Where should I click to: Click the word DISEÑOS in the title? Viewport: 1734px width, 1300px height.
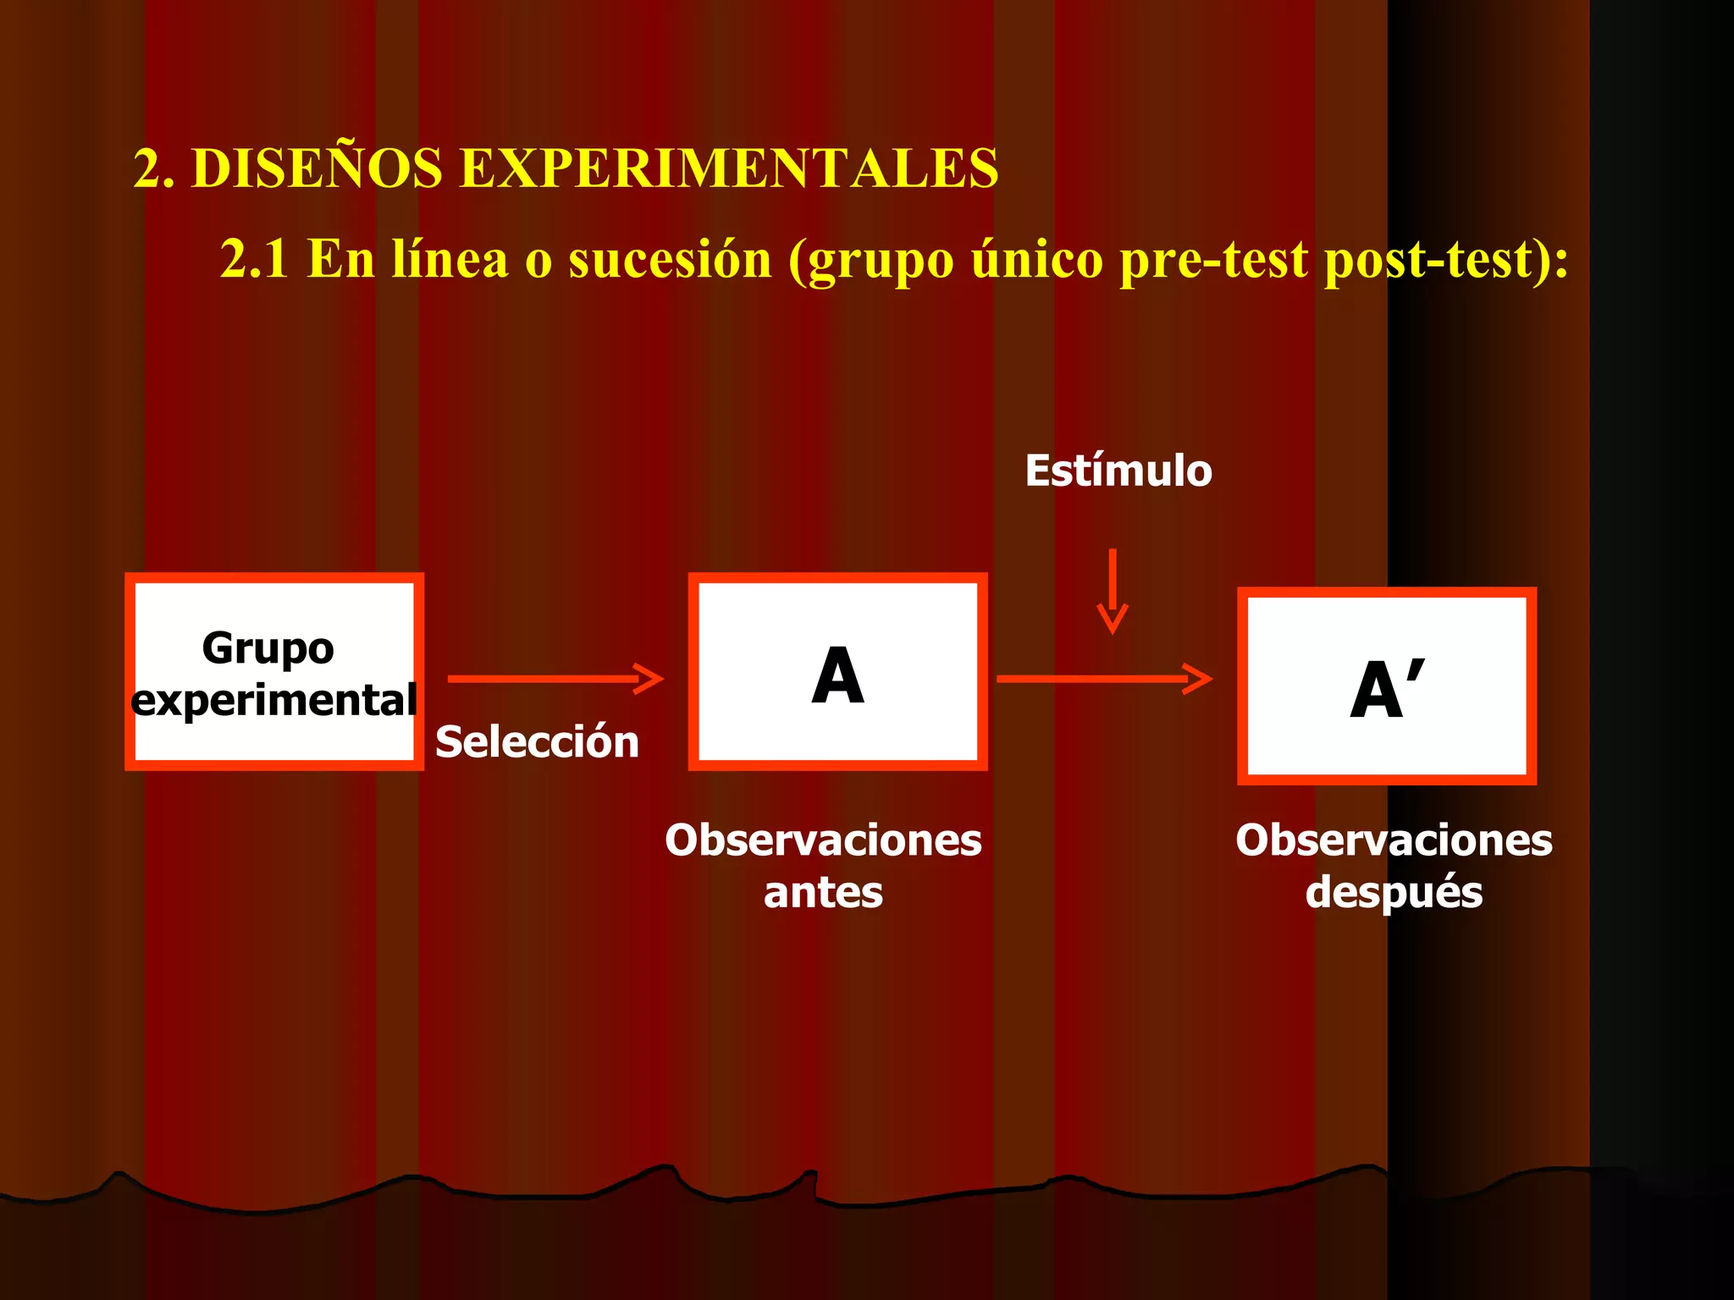point(317,168)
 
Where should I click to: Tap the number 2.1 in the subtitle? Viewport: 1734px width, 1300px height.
point(254,258)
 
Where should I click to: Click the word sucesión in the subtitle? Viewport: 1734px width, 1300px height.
point(670,258)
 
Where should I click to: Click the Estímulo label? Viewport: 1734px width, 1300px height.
point(1118,471)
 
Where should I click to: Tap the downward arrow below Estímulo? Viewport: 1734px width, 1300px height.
point(1113,592)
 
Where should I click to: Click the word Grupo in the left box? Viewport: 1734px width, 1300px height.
point(268,649)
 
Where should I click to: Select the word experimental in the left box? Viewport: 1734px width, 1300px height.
point(274,701)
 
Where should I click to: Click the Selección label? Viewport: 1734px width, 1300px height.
point(537,742)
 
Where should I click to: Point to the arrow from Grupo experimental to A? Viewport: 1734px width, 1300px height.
point(555,679)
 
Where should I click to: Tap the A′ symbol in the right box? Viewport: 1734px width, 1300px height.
point(1387,689)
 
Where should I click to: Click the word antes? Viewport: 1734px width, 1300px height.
point(823,893)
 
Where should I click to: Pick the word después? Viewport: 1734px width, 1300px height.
point(1394,893)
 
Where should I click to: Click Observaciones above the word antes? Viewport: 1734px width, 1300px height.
point(823,840)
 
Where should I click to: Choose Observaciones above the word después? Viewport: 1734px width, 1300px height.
point(1394,840)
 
